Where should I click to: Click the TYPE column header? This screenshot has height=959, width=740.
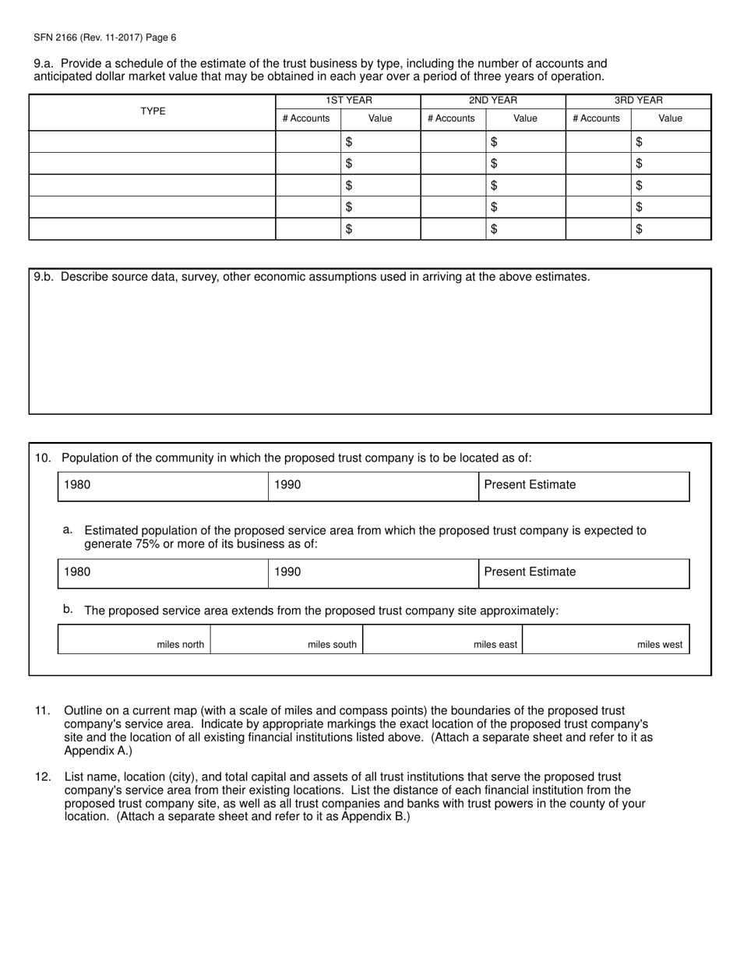[x=153, y=111]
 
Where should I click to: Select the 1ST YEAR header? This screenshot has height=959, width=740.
[x=348, y=101]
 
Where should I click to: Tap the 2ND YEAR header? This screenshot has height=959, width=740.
[x=492, y=101]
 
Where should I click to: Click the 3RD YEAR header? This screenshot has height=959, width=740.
[x=638, y=101]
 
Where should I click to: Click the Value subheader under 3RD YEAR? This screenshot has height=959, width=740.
[x=670, y=119]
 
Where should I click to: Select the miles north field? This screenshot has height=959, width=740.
[x=134, y=639]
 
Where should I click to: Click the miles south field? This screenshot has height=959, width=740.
[x=286, y=639]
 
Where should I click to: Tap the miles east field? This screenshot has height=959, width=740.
[x=442, y=639]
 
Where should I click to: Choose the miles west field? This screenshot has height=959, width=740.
[x=605, y=639]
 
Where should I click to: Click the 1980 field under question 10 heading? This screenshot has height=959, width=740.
[x=163, y=486]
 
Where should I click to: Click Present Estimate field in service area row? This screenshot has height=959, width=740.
[x=583, y=573]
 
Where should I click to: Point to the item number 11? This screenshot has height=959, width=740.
[x=42, y=711]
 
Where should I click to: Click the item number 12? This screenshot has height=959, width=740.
[x=42, y=777]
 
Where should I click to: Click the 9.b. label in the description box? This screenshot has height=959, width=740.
[x=44, y=277]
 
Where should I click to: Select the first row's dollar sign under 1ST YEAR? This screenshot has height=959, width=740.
[x=349, y=142]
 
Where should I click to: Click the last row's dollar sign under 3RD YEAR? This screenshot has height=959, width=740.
[x=640, y=229]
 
